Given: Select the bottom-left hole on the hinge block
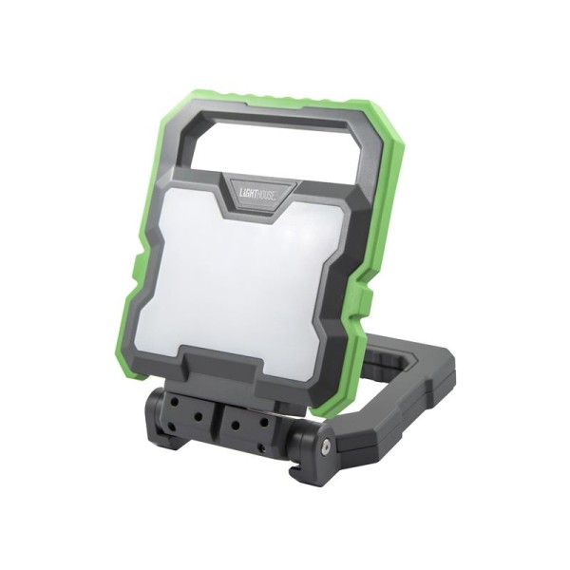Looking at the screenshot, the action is tap(171, 427).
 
